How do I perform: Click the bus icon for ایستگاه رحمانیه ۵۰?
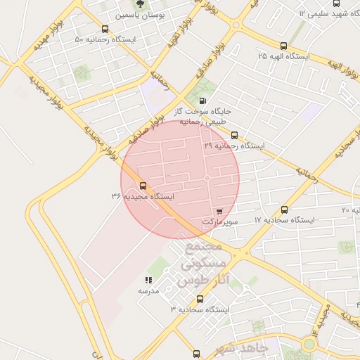(x=105, y=29)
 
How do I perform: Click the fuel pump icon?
(x=202, y=100)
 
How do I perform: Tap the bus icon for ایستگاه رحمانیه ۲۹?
(x=234, y=135)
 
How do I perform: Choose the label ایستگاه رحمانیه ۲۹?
(x=234, y=146)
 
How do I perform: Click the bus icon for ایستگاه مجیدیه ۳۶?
(x=143, y=186)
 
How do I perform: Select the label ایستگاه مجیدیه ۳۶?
(x=142, y=197)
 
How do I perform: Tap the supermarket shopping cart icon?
(x=219, y=211)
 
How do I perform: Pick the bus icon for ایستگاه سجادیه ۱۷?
(x=284, y=210)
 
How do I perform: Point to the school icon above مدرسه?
(x=148, y=280)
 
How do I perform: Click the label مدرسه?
(x=148, y=290)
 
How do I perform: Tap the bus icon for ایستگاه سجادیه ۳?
(x=200, y=299)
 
